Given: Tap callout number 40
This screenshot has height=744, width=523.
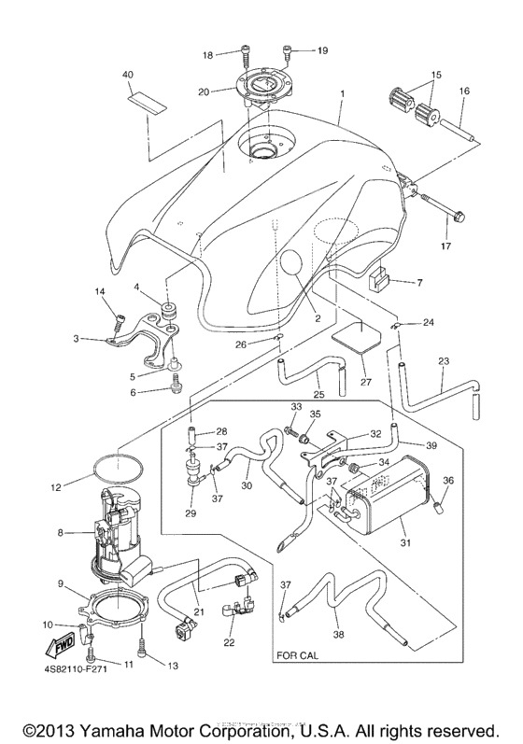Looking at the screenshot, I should coord(128,74).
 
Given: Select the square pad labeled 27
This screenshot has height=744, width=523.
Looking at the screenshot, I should coord(360,335).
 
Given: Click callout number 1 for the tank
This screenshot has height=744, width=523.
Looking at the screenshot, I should coord(343,93).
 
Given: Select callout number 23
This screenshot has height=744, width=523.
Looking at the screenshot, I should coord(444,360).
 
